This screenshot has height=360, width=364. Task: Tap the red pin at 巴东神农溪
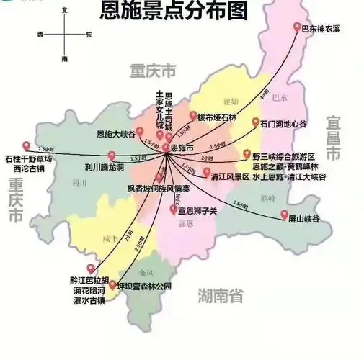[297, 27]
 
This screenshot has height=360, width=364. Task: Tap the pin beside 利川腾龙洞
[111, 156]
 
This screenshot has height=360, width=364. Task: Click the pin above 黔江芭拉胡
[91, 269]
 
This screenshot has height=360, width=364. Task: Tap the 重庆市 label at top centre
[153, 71]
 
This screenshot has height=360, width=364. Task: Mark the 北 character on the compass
[65, 11]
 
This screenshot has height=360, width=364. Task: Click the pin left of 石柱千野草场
[27, 145]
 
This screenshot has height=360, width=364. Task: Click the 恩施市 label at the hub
[181, 147]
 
